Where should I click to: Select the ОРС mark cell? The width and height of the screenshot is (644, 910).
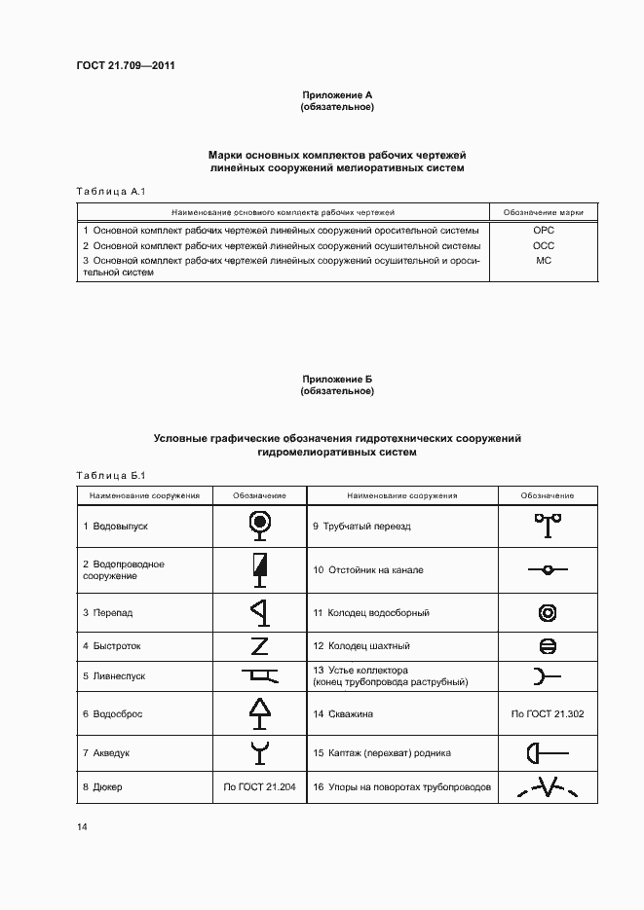544,231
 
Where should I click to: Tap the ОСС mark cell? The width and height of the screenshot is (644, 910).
544,246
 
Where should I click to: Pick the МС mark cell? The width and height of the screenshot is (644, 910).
544,261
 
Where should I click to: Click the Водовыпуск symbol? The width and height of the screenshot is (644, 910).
259,526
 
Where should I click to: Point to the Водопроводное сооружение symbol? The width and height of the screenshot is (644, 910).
259,569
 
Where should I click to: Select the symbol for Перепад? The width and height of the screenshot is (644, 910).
259,613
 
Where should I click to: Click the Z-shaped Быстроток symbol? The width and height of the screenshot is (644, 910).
259,645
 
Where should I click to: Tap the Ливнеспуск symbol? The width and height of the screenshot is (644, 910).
259,674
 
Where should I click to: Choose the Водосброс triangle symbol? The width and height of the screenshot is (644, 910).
259,713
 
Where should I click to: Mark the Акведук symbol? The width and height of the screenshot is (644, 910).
259,752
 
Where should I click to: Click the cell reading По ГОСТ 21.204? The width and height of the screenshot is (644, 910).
259,787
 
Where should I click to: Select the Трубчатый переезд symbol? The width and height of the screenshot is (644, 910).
548,526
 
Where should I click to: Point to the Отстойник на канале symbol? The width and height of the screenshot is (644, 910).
548,569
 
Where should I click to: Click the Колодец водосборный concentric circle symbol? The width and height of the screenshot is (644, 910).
548,613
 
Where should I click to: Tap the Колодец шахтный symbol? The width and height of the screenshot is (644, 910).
548,645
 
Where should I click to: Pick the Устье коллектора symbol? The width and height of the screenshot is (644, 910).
548,675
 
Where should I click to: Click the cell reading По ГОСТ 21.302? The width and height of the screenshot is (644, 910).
548,713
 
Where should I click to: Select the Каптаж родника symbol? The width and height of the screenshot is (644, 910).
548,752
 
